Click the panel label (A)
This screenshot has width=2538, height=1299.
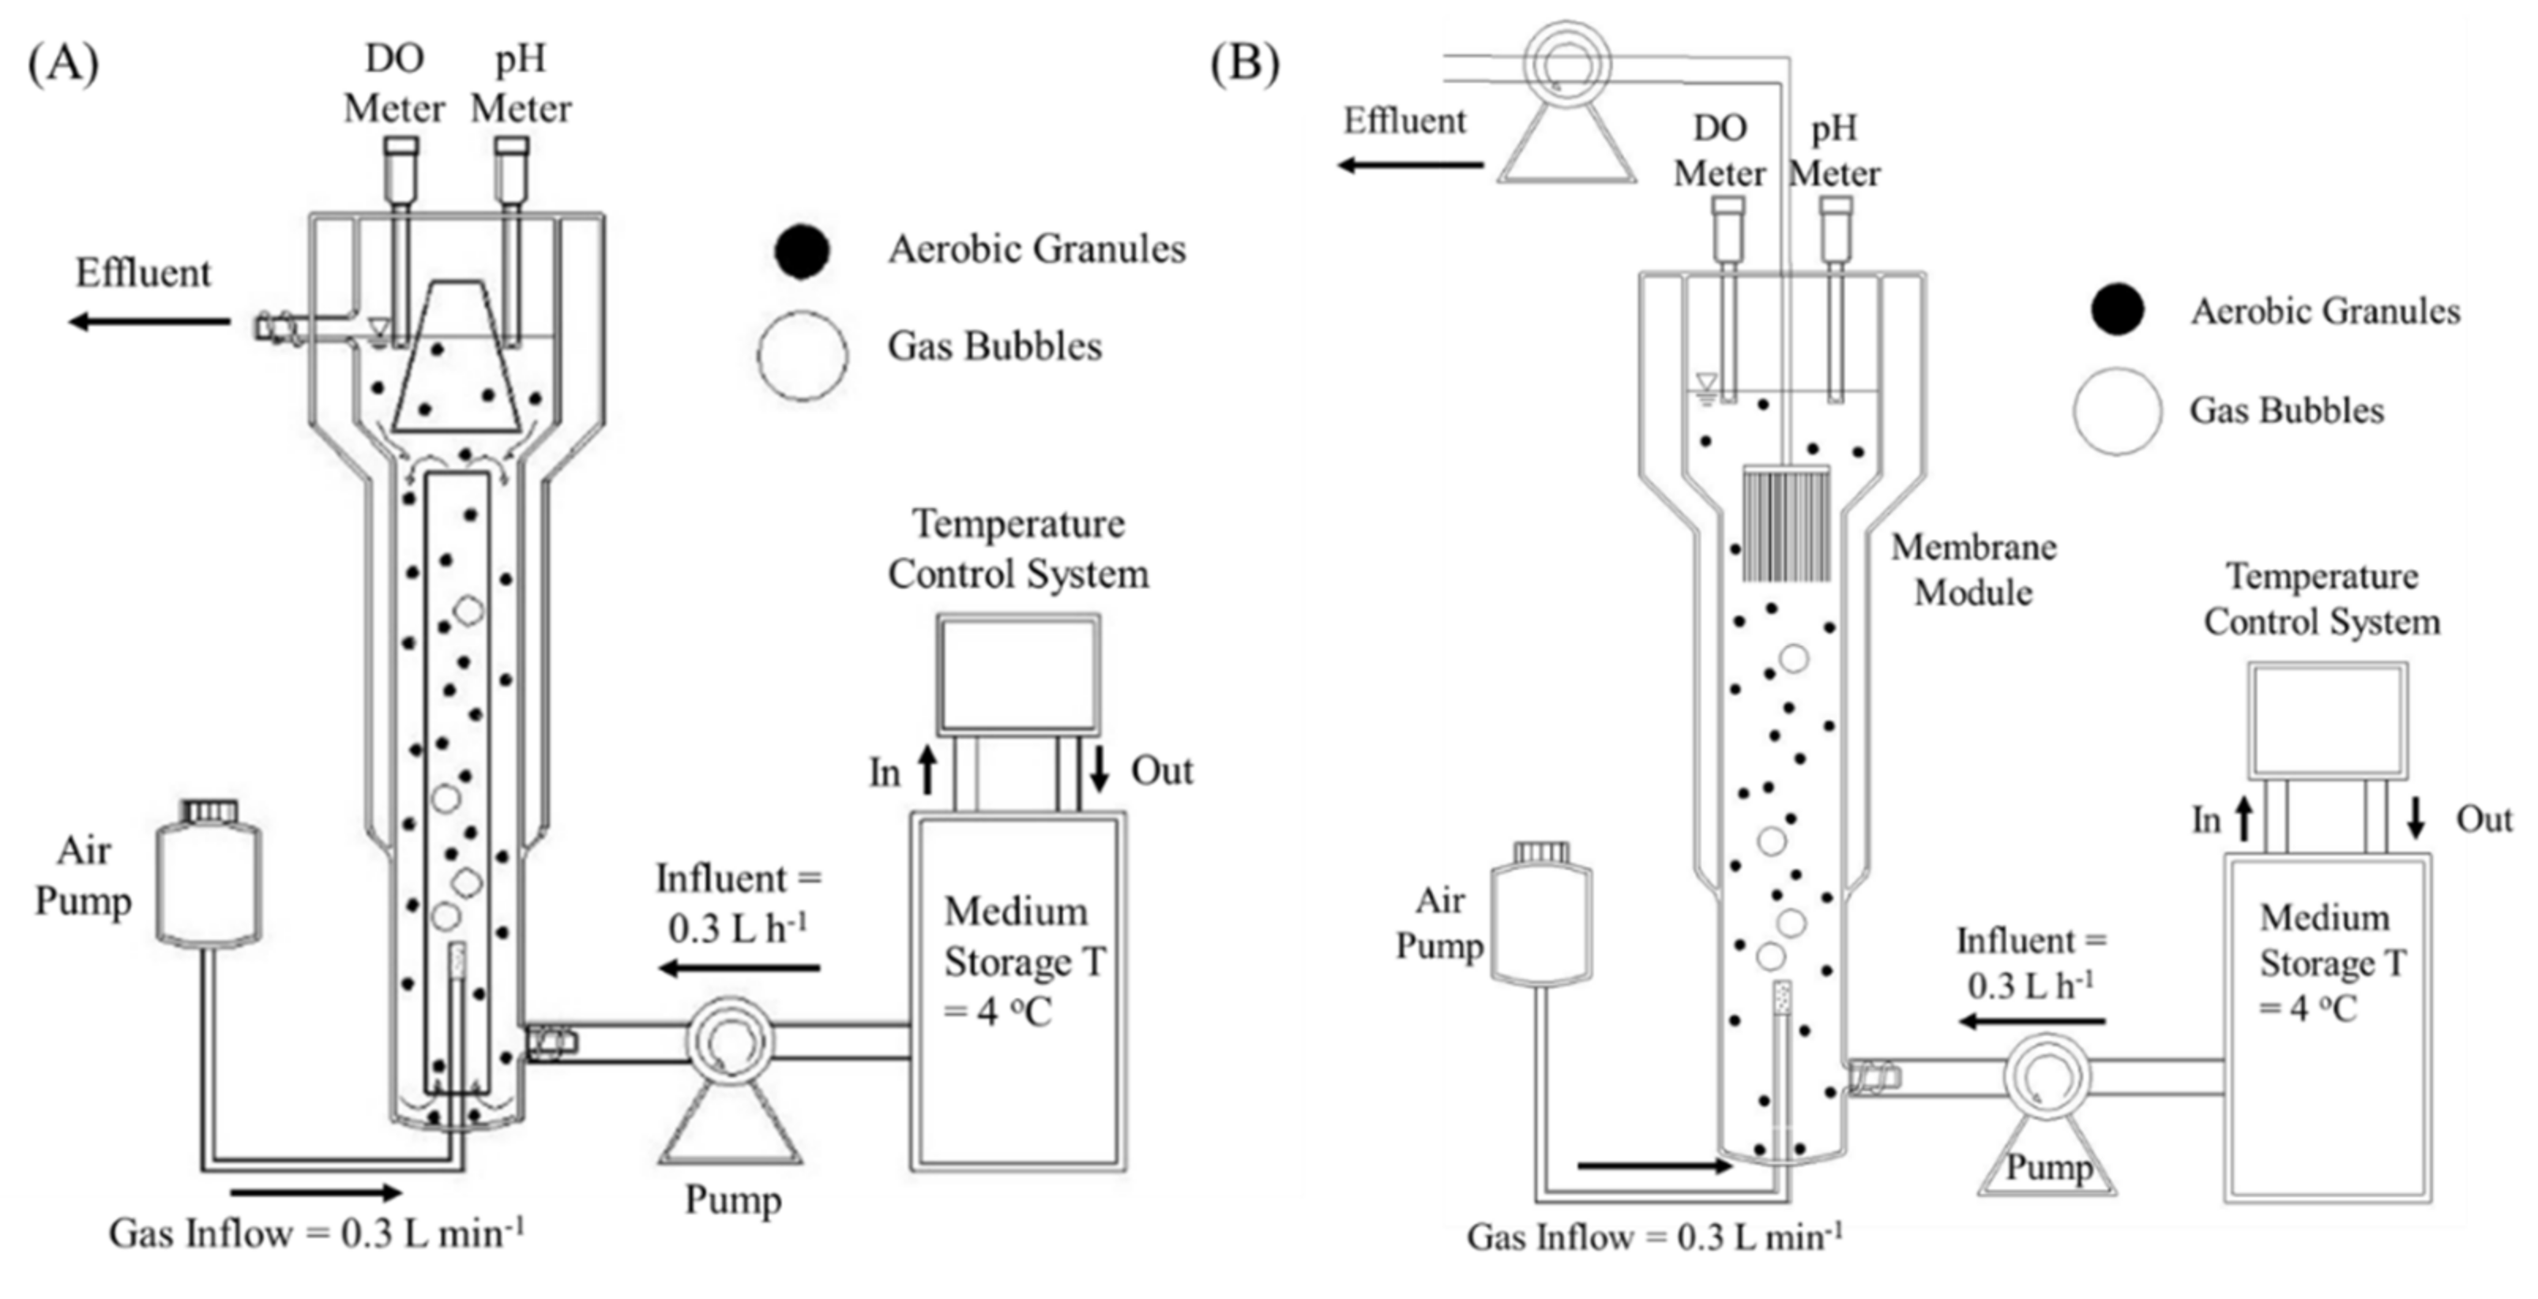coord(63,65)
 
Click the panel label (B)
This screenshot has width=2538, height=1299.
coord(1244,65)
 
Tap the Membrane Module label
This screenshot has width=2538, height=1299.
coord(1973,570)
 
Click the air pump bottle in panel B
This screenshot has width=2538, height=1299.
coord(1541,917)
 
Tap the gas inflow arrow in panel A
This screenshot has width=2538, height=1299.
coord(315,1192)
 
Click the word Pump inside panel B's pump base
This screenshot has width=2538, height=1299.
coord(2048,1168)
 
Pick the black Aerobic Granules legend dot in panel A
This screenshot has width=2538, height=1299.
coord(801,251)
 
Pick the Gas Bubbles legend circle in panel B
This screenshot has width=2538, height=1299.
coord(2116,411)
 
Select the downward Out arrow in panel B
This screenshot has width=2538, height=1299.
coord(2415,818)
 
